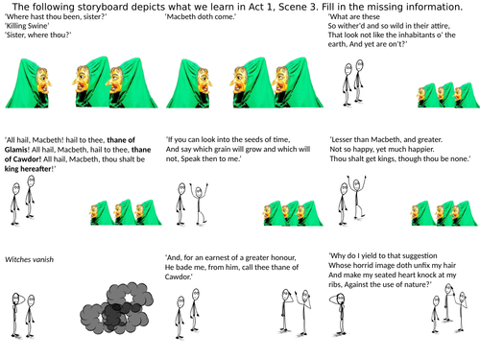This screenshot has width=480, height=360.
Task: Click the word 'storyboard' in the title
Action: pos(100,7)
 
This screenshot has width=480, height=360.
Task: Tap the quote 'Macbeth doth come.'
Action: pos(201,16)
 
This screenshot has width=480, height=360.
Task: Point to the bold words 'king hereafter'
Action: pos(28,169)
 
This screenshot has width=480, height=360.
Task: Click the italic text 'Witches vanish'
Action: pos(29,259)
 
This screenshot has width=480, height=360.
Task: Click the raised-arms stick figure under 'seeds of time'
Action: pos(199,204)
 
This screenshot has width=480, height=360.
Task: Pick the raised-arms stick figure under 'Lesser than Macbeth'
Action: pos(357,197)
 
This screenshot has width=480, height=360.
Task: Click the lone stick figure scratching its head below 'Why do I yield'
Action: pos(339,315)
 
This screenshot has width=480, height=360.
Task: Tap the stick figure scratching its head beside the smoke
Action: pos(16,315)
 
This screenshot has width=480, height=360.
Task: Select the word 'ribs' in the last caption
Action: pos(335,284)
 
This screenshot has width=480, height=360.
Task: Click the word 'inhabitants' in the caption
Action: pos(416,35)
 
